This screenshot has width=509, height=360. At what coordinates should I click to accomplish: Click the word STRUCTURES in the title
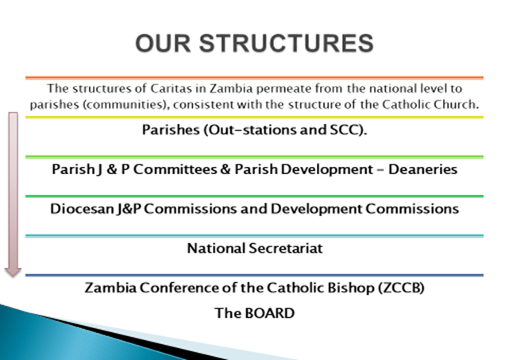coord(287,43)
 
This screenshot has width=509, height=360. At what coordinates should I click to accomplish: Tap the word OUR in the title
coord(163,43)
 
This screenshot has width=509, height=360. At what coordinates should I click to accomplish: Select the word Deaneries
coord(422,169)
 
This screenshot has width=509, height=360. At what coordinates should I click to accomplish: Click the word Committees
coord(175,169)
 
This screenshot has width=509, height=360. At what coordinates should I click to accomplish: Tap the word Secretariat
coord(286,249)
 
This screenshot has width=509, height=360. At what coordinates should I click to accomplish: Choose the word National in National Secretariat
coord(216,249)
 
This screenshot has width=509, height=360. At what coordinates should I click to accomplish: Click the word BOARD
coord(270,313)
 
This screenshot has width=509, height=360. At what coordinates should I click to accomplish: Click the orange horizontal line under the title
coord(254,78)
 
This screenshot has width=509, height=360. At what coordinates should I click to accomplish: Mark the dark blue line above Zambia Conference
coord(254,275)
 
